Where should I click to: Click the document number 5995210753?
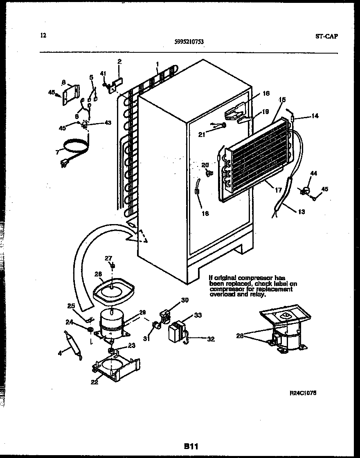(189, 41)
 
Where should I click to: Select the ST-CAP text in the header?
(326, 36)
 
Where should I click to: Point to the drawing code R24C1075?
(303, 393)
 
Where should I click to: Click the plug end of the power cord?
(64, 164)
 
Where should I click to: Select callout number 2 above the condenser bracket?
(119, 62)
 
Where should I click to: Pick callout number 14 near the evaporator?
(315, 116)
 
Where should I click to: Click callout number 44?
(313, 174)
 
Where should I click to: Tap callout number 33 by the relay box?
(198, 315)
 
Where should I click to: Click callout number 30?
(185, 300)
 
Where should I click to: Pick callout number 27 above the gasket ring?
(108, 258)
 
